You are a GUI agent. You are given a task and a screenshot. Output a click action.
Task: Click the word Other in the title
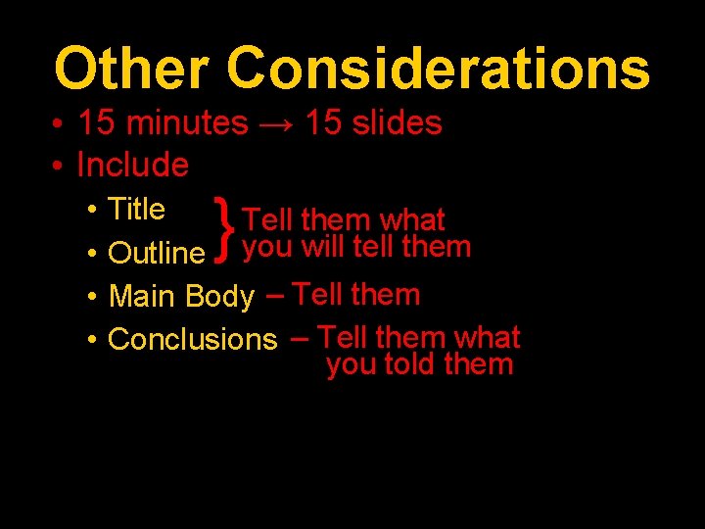click(x=131, y=70)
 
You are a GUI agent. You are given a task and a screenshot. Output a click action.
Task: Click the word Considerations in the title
click(x=438, y=70)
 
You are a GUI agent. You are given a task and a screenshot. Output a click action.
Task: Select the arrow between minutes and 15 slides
click(x=276, y=123)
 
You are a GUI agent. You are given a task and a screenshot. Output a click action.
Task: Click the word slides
click(x=393, y=123)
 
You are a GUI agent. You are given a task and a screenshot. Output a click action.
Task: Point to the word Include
click(x=132, y=165)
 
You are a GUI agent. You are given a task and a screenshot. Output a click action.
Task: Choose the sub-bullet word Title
click(x=137, y=209)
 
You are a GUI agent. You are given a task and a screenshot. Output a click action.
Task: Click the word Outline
click(x=156, y=253)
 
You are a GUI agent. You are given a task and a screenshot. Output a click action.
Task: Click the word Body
click(x=219, y=296)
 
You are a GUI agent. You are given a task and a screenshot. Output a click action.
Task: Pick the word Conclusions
click(x=193, y=340)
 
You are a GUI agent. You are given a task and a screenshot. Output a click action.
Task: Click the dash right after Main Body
click(x=275, y=293)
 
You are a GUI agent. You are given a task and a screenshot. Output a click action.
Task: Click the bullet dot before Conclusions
click(x=90, y=340)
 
